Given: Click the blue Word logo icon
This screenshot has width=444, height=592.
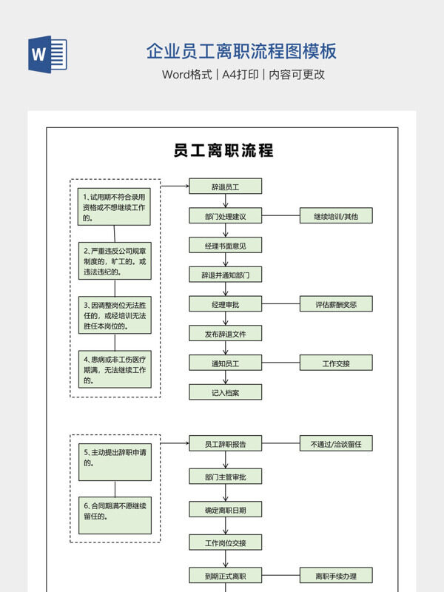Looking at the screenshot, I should [x=47, y=54].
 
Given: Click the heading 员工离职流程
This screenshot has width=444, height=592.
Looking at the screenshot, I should [x=223, y=150].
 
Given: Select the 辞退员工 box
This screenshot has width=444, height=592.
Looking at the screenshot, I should [x=225, y=187].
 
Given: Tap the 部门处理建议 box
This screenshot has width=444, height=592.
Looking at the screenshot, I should [x=225, y=216].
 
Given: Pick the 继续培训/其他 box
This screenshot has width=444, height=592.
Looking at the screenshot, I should [x=335, y=216].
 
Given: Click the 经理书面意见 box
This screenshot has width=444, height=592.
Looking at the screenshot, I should [x=225, y=245].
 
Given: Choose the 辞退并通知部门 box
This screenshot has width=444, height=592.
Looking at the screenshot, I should [x=225, y=275].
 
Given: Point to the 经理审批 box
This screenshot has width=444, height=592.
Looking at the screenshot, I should [x=225, y=304].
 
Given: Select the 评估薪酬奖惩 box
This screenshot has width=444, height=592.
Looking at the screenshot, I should [x=335, y=304].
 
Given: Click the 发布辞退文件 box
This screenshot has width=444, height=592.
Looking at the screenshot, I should [x=225, y=334].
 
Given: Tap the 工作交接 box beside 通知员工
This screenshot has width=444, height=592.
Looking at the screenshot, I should [x=335, y=363].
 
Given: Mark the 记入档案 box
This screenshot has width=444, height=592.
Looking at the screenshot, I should [x=225, y=392].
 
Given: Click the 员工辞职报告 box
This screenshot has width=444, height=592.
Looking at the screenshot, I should [x=225, y=444].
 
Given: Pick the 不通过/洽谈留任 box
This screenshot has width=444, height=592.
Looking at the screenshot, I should [x=335, y=444].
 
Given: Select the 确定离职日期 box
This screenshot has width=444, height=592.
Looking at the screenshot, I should [x=225, y=510].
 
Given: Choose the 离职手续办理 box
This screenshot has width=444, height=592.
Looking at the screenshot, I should [x=335, y=576].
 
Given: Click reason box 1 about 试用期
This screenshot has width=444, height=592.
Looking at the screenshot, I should [x=115, y=206].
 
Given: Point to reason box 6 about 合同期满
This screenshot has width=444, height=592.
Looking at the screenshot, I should [x=115, y=515].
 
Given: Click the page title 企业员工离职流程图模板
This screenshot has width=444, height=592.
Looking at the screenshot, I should [x=241, y=51].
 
